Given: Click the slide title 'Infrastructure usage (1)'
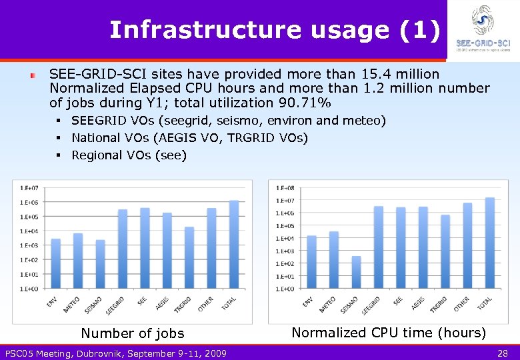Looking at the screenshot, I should coord(275,30).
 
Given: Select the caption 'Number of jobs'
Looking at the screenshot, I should coord(132,333).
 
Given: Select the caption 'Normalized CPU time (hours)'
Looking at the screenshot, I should coord(389,332).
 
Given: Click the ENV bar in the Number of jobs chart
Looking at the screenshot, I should coord(56,263).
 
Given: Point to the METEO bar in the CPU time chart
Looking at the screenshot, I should coord(334,260).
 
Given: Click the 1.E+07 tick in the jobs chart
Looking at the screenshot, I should coord(29,187).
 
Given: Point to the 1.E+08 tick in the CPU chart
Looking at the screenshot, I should coord(285,187).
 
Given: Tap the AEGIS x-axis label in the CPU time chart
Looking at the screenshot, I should coord(418,303).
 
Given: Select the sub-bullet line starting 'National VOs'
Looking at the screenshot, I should coord(189,138).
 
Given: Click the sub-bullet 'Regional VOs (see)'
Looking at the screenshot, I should coord(129,155).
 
